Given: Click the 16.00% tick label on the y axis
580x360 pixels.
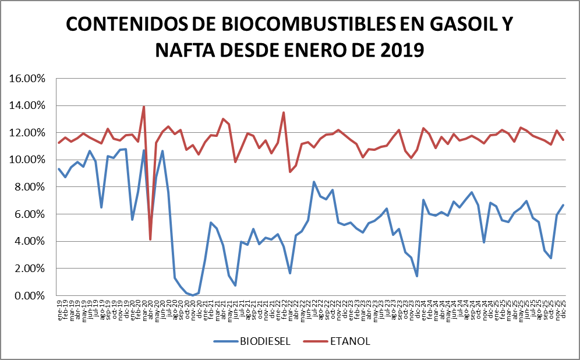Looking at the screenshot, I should tap(28, 79).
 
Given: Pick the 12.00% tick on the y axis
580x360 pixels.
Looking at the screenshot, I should tap(28, 133).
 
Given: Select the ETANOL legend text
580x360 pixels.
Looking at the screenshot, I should tap(351, 341).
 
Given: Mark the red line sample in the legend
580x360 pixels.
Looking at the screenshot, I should tap(319, 341).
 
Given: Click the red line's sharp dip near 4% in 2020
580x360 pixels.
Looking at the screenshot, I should tap(150, 239).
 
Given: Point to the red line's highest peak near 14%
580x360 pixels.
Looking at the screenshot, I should tap(144, 107).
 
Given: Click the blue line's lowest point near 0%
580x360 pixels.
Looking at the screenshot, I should tap(193, 295).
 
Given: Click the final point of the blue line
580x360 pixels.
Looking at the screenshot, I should tap(563, 205).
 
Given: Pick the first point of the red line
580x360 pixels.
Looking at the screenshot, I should tap(59, 143).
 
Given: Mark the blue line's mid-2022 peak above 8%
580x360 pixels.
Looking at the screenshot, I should tap(314, 182).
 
